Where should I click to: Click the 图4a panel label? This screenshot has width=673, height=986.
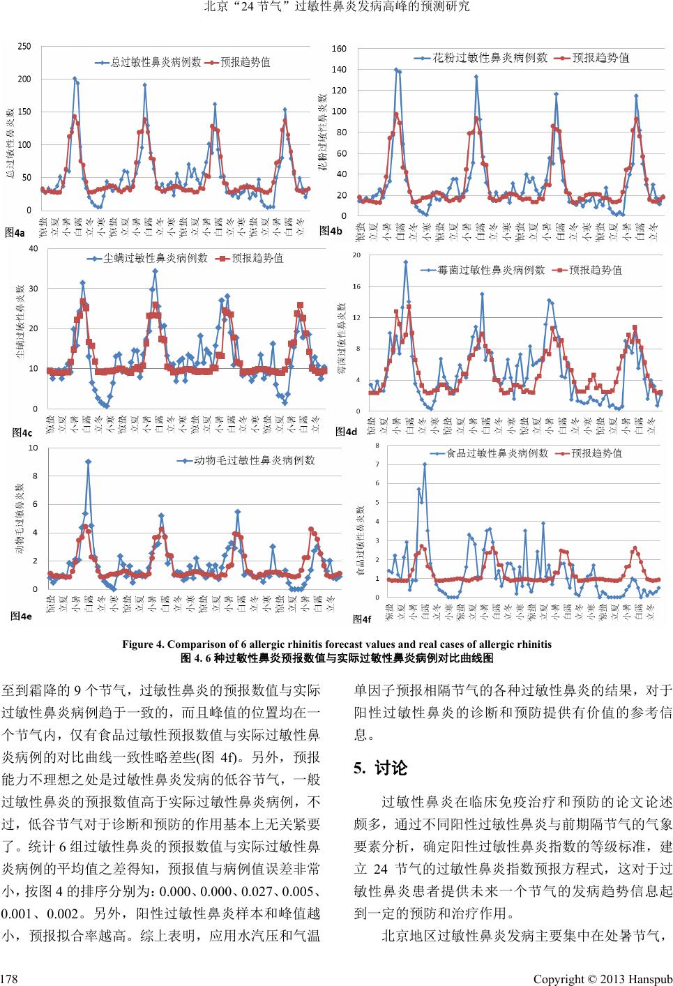point(15,233)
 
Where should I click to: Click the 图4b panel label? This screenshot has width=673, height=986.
point(331,231)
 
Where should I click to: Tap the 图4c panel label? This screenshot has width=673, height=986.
point(22,433)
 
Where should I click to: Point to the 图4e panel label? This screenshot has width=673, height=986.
point(21,616)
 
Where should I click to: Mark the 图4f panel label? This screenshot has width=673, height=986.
point(361,619)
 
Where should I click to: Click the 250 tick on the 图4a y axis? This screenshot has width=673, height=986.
point(24,47)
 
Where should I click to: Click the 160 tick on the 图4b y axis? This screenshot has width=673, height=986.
point(339,49)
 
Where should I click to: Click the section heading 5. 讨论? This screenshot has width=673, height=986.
point(380,768)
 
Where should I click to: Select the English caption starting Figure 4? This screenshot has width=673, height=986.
point(337,644)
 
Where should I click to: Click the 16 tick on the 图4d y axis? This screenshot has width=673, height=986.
point(356,287)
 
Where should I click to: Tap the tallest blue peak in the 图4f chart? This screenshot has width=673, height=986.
point(425,464)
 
